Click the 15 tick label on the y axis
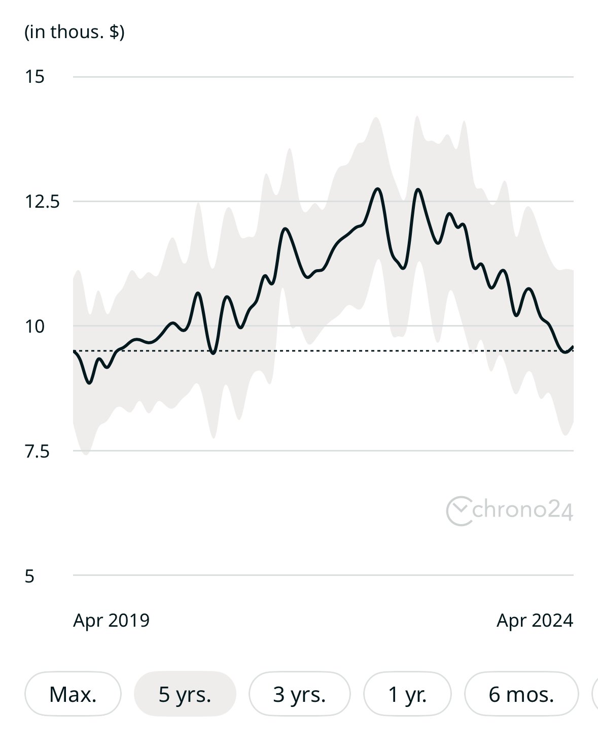(34, 77)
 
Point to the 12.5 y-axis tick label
(42, 202)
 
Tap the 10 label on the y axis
(34, 326)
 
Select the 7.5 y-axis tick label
(37, 451)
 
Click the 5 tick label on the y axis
(29, 576)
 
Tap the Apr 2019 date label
(111, 620)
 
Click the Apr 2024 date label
(535, 620)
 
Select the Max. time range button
(73, 694)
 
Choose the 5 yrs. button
(185, 694)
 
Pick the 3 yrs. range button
(299, 694)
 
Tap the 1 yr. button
(407, 694)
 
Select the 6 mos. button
(521, 694)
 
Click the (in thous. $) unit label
(75, 32)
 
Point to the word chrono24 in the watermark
(522, 509)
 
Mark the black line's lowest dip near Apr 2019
(90, 382)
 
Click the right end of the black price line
(573, 347)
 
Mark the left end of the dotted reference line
(75, 351)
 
